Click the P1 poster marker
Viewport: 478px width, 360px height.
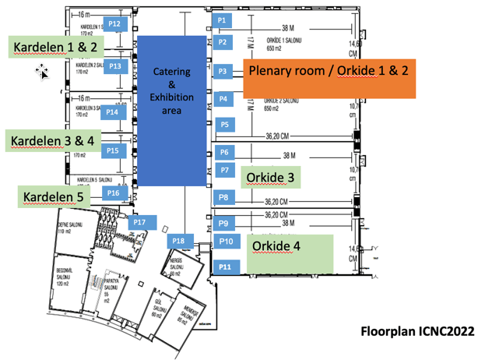click(222, 19)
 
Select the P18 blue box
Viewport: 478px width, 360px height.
click(178, 241)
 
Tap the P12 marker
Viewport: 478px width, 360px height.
click(114, 24)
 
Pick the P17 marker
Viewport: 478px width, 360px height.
click(139, 222)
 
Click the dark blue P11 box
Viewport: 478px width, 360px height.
click(225, 267)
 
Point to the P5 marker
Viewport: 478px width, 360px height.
click(224, 124)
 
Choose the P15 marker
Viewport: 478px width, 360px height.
click(112, 150)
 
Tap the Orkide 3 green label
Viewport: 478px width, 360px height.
click(269, 178)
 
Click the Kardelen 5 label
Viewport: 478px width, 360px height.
click(53, 196)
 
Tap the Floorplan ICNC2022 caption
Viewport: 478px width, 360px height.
click(416, 331)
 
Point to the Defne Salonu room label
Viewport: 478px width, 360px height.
click(69, 227)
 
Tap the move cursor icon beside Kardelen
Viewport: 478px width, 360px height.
click(42, 72)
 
